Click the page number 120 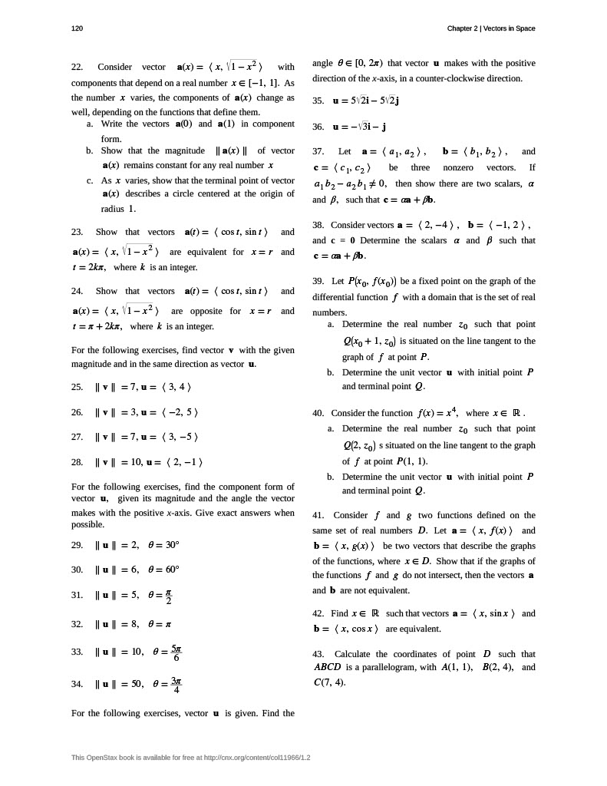pos(77,28)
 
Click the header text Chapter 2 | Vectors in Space pos(491,28)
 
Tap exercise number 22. pos(77,67)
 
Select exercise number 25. pos(77,387)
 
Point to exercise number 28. pos(77,462)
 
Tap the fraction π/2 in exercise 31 pos(168,596)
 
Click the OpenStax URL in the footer pos(247,758)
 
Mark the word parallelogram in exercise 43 pos(386,667)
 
